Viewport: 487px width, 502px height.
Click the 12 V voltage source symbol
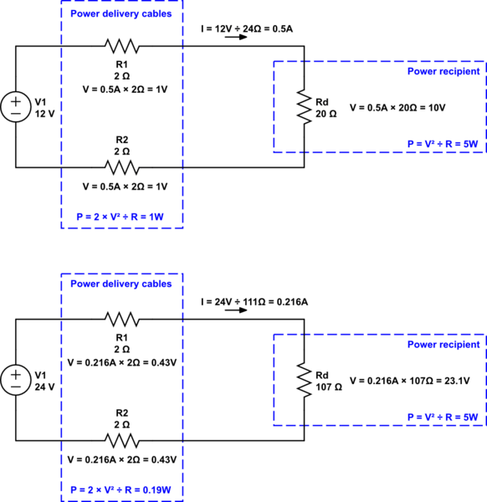point(16,107)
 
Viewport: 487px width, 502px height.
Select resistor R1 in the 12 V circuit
point(121,46)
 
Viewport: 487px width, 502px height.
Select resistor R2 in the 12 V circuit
point(121,166)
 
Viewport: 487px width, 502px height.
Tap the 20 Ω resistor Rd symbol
point(303,106)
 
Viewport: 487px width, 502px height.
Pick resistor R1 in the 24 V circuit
point(121,319)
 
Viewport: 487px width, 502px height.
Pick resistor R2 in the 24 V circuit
point(121,439)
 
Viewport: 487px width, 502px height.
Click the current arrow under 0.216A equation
point(237,310)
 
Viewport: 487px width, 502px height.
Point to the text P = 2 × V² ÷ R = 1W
point(122,217)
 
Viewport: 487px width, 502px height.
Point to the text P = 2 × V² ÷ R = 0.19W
point(122,489)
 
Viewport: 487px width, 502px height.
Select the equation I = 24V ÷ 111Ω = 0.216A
point(254,300)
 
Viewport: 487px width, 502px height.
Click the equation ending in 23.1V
point(409,381)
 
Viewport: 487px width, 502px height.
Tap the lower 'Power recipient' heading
point(443,344)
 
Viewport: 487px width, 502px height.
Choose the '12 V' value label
point(44,115)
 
